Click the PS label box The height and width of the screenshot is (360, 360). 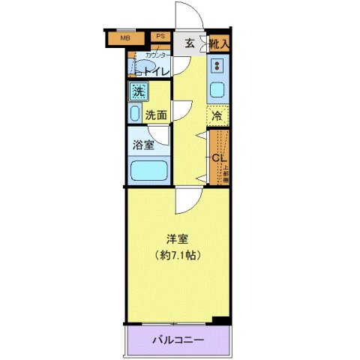point(160,35)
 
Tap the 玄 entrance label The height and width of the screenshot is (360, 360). point(190,44)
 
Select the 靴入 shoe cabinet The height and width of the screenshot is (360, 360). point(220,45)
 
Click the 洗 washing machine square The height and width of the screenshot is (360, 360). point(138,92)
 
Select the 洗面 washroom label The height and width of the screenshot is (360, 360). point(156,115)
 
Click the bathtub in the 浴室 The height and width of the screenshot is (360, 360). point(148,170)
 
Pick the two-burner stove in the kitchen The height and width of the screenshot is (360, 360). point(217,66)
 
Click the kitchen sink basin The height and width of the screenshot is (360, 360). point(217,91)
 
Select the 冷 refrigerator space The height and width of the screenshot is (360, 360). point(217,116)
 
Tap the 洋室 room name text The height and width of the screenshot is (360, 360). point(177,239)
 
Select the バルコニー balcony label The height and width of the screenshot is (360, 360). point(178,340)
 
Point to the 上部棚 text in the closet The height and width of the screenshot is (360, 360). point(226,171)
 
